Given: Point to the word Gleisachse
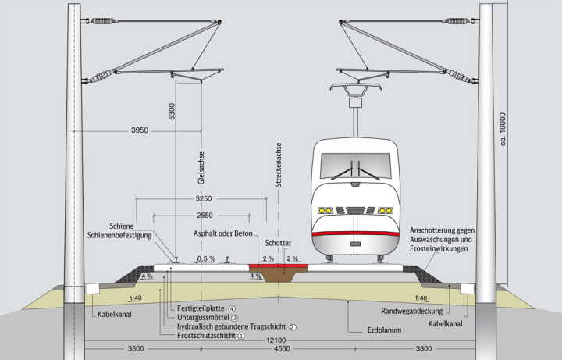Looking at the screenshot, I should (201, 172).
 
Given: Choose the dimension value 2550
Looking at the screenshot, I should (204, 214).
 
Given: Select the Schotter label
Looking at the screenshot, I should (279, 243).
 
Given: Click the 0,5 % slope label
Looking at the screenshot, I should (205, 258).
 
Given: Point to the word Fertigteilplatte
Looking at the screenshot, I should (202, 308).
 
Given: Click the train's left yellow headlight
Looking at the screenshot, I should (324, 209).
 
